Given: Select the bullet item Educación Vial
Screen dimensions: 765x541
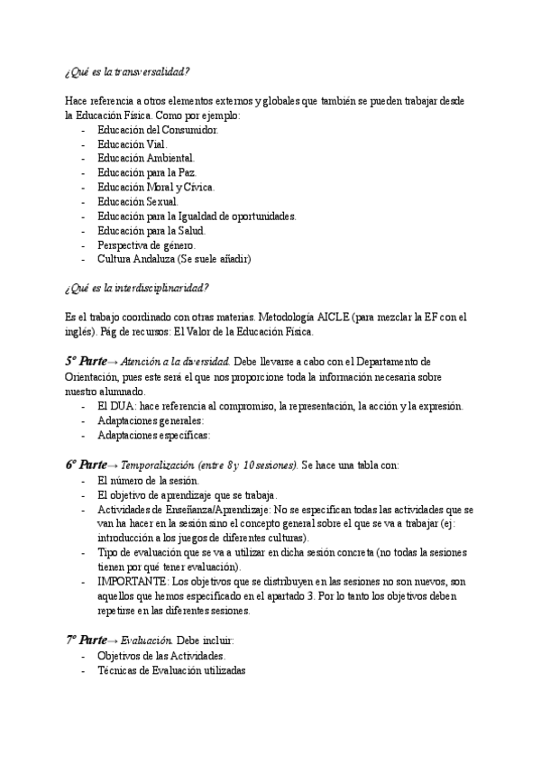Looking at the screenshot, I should pos(132,143).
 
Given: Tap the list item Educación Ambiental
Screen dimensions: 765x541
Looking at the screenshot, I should pos(145,158).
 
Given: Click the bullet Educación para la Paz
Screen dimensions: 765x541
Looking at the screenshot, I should pos(146,172).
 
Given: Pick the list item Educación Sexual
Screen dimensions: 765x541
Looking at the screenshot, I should pos(137,201).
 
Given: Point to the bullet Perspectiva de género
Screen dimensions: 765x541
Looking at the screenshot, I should pos(145,244).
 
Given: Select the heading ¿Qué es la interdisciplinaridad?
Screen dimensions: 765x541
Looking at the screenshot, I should pos(138,288).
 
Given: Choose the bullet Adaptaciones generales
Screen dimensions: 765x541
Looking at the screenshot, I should pos(151,420).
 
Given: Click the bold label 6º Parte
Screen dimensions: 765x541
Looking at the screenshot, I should pos(87,465).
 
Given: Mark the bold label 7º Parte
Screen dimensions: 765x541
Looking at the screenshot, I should pos(87,640).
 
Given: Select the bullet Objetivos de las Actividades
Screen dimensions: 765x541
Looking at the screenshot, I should pos(160,656).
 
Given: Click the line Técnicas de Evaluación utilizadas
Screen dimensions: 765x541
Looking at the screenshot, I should pos(171,670).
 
